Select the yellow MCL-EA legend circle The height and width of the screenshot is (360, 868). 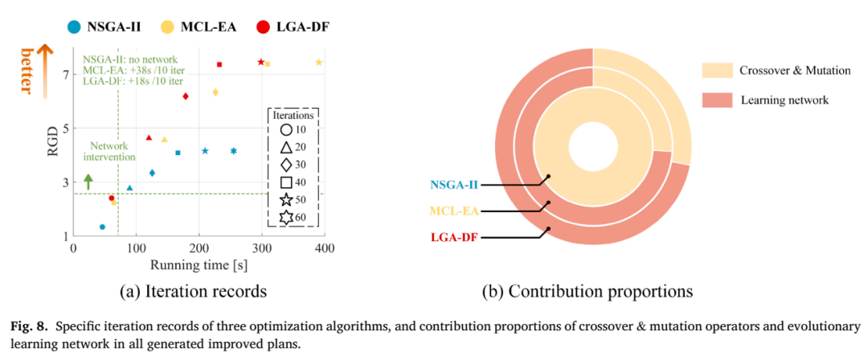click(x=169, y=26)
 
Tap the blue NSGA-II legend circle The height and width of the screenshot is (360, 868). click(x=72, y=26)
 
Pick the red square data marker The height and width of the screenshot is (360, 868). click(x=219, y=65)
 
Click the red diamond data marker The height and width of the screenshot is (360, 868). click(x=186, y=96)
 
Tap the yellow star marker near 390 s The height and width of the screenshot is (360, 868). click(x=319, y=63)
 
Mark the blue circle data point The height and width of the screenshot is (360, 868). click(x=102, y=227)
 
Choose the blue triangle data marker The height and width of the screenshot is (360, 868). click(x=129, y=188)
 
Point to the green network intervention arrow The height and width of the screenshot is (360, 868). click(x=88, y=182)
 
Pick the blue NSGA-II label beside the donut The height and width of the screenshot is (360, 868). click(x=453, y=184)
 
